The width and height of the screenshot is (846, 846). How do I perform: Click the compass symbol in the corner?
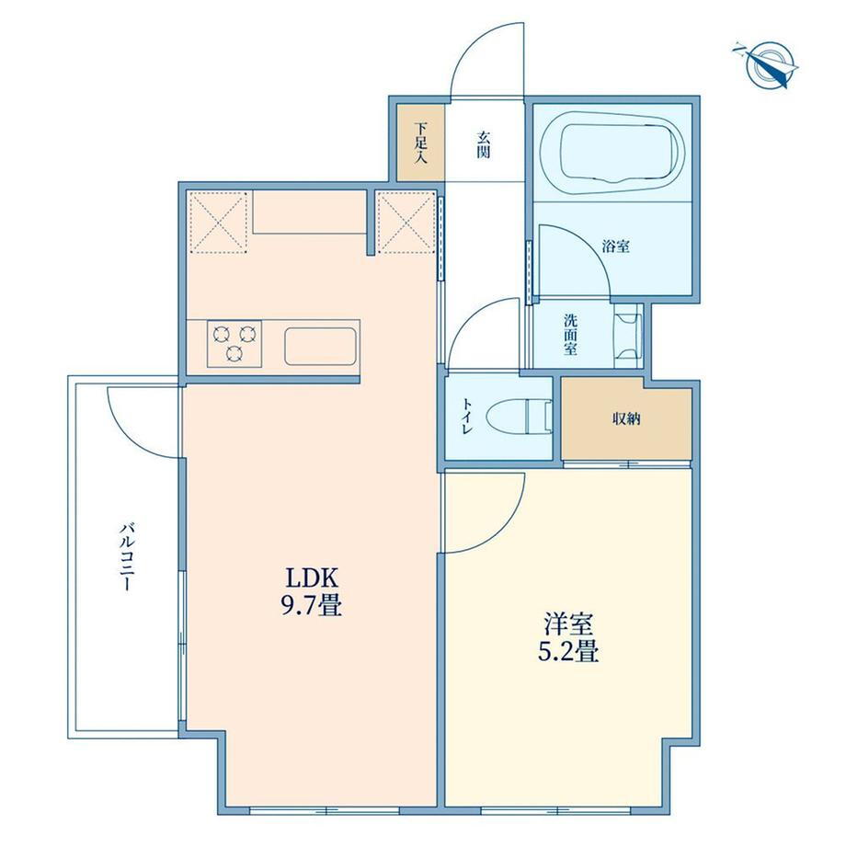[x=767, y=64]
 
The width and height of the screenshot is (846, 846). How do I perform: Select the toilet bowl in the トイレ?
[x=519, y=417]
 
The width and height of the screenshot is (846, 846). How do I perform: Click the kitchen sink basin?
[x=320, y=346]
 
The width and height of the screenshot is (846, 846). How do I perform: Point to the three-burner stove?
[x=234, y=344]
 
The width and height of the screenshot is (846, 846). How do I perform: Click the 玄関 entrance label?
[x=484, y=144]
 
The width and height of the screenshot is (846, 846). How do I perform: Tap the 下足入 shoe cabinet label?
[x=421, y=143]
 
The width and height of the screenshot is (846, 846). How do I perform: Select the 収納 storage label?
[x=626, y=418]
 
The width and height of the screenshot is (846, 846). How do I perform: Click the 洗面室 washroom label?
[x=570, y=335]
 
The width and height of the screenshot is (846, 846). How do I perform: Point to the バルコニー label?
[x=126, y=556]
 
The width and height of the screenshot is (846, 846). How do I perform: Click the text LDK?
[x=312, y=578]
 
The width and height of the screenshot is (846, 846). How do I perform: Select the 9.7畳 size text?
[x=312, y=605]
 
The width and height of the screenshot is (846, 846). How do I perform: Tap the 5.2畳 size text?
[x=568, y=651]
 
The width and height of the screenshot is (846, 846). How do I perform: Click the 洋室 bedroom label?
[x=568, y=624]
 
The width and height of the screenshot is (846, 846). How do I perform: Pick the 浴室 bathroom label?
[x=616, y=247]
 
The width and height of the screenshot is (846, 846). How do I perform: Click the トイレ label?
[x=467, y=417]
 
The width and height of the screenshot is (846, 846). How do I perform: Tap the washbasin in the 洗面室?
[x=627, y=336]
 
